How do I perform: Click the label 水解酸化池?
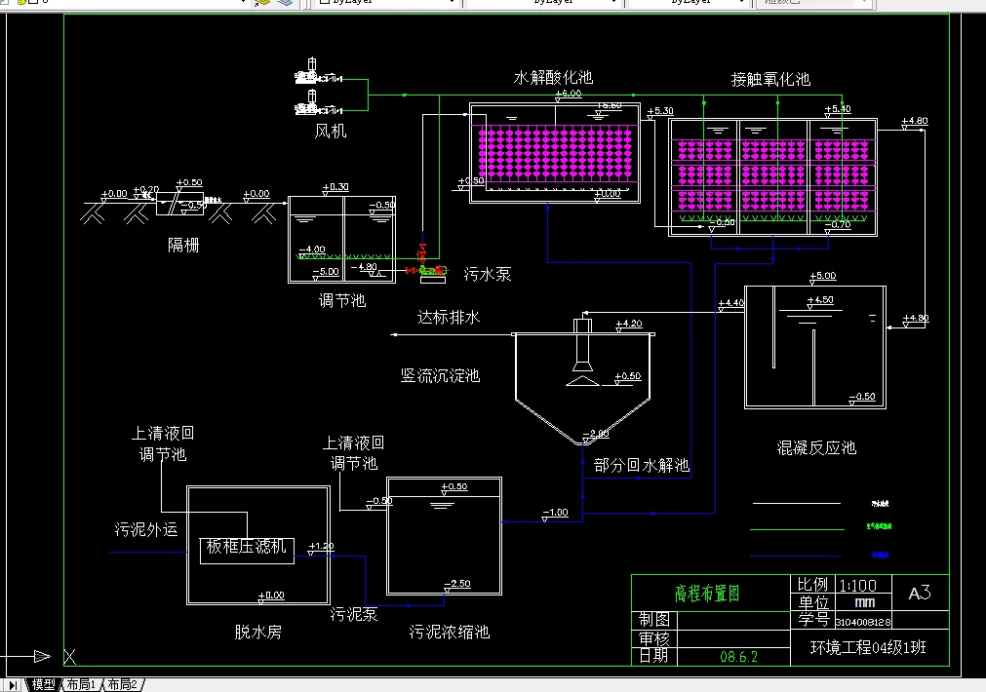coord(553,77)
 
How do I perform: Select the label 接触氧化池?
coord(770,79)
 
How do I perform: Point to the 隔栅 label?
coord(183,245)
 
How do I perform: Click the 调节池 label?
coord(342,300)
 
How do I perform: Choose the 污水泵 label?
coord(487,275)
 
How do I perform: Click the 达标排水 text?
coord(449,318)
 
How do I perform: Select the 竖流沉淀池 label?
coord(440,375)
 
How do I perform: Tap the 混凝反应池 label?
coord(815,447)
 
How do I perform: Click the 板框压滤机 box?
coord(247,548)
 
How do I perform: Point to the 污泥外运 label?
coord(146,530)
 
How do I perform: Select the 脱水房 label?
coord(257,632)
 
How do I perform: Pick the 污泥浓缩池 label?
coord(449,632)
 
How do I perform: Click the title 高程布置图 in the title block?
coord(707,594)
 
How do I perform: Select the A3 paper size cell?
coord(919,593)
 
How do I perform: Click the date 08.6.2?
coord(738,657)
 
